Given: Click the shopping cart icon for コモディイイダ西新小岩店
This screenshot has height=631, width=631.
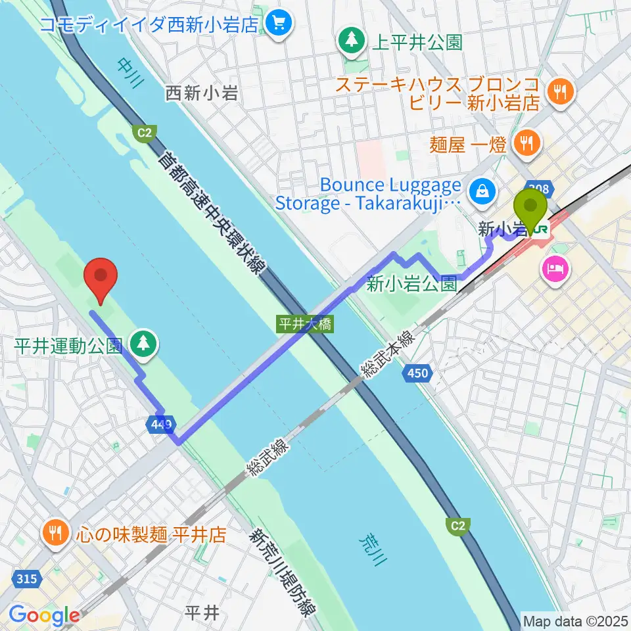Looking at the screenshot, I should (279, 24).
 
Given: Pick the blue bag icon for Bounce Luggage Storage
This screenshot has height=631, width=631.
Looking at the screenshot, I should (482, 192).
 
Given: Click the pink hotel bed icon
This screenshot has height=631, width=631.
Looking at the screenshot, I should (553, 270).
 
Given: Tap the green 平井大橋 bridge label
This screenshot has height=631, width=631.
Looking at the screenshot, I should (306, 324).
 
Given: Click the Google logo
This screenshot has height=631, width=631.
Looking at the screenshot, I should (44, 615).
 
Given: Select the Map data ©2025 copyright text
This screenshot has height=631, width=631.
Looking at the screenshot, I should (574, 620).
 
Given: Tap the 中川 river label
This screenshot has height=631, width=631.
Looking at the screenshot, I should (129, 72).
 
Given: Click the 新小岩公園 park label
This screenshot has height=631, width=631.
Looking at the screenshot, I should (411, 283).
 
